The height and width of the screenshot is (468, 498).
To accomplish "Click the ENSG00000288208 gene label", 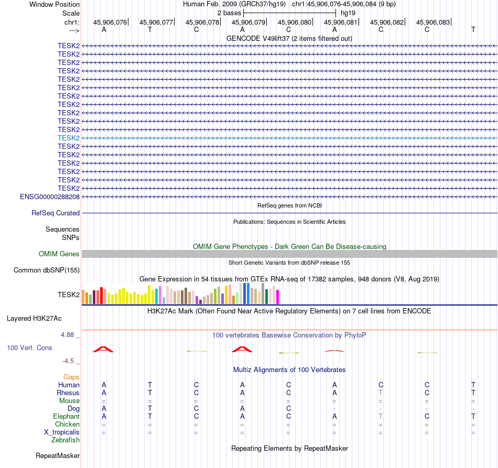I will click(x=50, y=197).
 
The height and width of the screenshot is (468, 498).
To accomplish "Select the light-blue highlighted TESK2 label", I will click(x=69, y=138).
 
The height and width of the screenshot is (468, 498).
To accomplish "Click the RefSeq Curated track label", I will click(x=56, y=213).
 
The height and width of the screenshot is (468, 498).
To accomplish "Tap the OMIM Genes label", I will click(x=59, y=254).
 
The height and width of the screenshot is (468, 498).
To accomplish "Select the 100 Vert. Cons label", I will click(x=30, y=348).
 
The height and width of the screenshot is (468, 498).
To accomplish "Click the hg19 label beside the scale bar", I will click(x=348, y=12).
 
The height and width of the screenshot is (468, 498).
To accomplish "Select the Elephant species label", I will click(x=67, y=417).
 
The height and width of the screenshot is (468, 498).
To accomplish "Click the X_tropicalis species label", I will click(x=62, y=432).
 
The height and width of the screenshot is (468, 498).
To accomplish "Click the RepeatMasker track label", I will click(x=58, y=456).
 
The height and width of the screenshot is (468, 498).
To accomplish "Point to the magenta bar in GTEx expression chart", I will click(x=278, y=297).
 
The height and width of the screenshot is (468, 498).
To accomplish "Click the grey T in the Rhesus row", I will click(x=381, y=393).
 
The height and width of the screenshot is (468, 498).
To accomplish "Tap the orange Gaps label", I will click(x=72, y=377).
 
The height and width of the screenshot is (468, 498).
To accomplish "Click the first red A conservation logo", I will click(x=103, y=349).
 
